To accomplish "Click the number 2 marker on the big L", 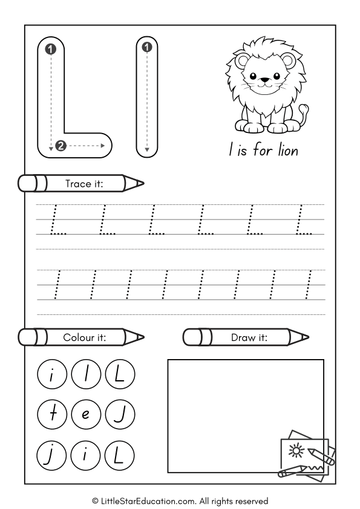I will click(x=61, y=145).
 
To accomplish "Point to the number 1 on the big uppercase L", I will click(x=51, y=48).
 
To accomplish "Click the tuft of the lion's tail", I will click(x=304, y=109).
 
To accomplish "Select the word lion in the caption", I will click(x=286, y=150).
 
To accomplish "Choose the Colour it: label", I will click(x=84, y=337).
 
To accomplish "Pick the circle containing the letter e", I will click(x=85, y=415).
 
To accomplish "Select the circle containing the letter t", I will click(x=52, y=415).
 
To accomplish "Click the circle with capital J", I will click(x=119, y=415).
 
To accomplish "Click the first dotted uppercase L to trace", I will click(x=58, y=220).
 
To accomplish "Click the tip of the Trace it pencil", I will click(x=142, y=183).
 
